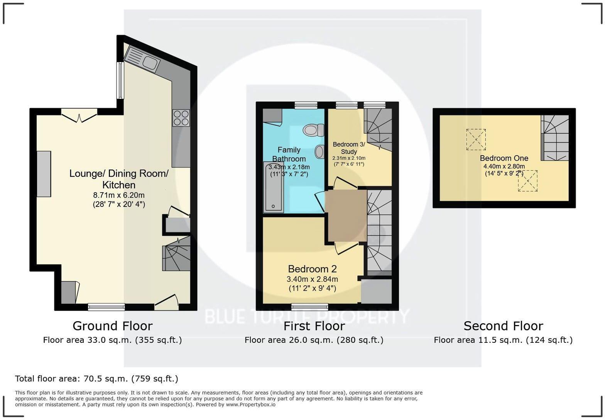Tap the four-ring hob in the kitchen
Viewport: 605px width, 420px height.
tap(181, 118)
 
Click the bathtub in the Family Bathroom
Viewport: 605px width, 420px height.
tap(273, 187)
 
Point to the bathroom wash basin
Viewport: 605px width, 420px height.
tap(319, 152)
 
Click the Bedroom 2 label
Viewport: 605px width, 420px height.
tap(312, 269)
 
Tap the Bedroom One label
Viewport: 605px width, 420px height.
tap(504, 158)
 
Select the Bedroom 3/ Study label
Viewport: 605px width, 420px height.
tap(348, 148)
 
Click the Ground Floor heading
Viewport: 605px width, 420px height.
tap(112, 326)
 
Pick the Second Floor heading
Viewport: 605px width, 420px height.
tap(503, 326)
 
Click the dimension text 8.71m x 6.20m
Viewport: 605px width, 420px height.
tap(119, 195)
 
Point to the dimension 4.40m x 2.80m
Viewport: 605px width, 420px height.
tap(504, 166)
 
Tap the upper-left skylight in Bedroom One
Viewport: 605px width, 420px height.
tap(476, 139)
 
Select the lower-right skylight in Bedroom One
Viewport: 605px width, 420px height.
tap(527, 181)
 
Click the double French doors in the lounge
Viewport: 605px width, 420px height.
tap(79, 115)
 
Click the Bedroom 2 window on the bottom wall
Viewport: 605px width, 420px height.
tap(310, 307)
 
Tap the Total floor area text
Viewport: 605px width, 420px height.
tap(96, 379)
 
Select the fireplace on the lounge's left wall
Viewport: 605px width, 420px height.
tap(44, 174)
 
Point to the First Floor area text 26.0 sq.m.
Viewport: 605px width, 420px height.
tap(314, 340)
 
